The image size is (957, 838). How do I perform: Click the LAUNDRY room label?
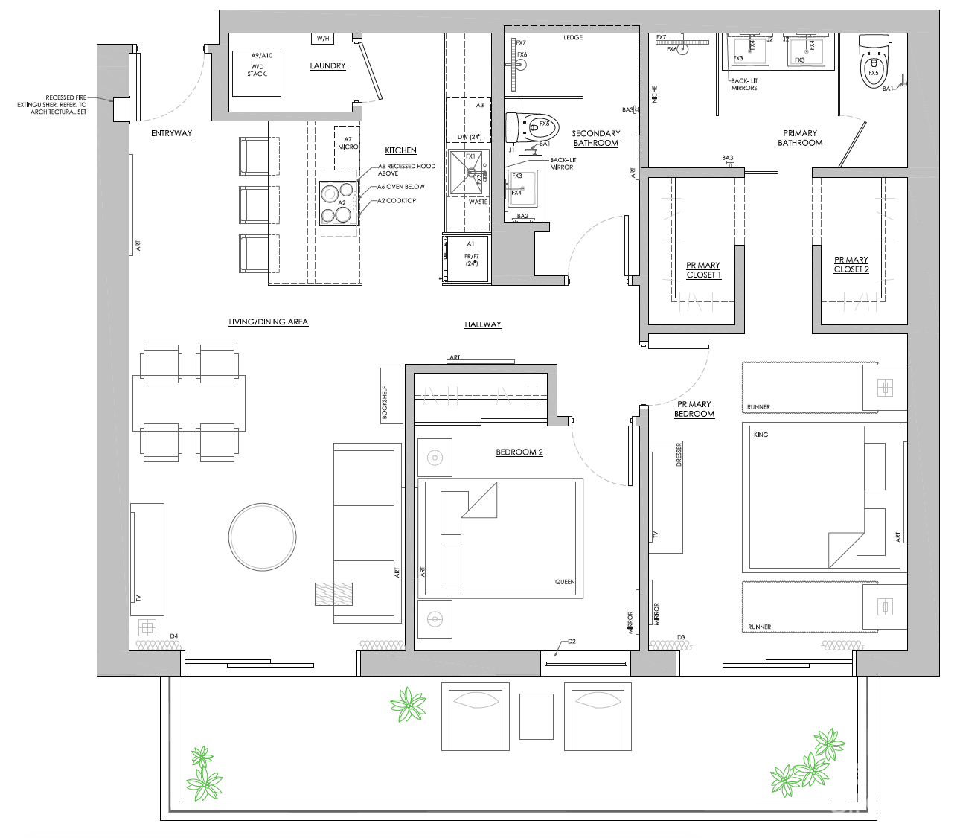[x=327, y=66]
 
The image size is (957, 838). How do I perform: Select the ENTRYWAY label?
[x=171, y=134]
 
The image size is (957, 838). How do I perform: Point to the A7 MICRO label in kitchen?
[x=348, y=144]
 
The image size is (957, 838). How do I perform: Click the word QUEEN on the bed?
[x=564, y=582]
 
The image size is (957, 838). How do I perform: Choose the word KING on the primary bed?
[x=761, y=435]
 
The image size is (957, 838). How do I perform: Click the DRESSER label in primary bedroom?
[x=679, y=455]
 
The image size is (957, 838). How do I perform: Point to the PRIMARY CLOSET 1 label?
[x=702, y=270]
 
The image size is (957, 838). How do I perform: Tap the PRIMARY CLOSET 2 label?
[x=851, y=265]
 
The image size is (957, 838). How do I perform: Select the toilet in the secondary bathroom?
[x=531, y=127]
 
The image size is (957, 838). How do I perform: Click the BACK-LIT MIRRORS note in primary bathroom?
[x=743, y=84]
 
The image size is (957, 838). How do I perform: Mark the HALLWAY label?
[x=482, y=324]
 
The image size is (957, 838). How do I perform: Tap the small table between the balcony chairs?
[x=536, y=715]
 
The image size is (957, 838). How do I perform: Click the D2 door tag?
[x=572, y=641]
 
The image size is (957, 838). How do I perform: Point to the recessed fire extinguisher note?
[x=65, y=105]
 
